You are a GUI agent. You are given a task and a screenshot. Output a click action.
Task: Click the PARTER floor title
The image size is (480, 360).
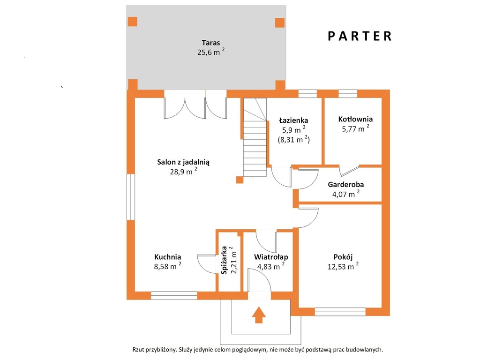click(x=360, y=36)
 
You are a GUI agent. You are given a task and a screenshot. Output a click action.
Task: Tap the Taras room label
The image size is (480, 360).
click(x=210, y=43)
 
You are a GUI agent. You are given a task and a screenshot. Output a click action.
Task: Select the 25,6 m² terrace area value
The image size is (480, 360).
click(x=210, y=52)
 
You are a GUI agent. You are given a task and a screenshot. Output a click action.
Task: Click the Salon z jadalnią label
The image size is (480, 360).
click(x=183, y=162)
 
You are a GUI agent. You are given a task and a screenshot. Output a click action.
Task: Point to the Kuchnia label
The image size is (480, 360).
click(x=167, y=257)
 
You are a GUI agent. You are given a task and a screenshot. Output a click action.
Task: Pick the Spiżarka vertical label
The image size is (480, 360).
click(x=224, y=260)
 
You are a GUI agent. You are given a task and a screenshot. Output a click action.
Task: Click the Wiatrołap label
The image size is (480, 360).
click(x=271, y=257)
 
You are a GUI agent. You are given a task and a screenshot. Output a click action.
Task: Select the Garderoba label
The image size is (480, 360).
click(x=345, y=185)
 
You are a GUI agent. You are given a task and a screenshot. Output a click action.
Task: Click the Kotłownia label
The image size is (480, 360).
click(x=355, y=119)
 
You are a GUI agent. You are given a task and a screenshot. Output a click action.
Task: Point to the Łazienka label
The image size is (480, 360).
click(x=293, y=120)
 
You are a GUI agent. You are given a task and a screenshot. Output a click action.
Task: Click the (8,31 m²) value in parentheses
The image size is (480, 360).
click(x=293, y=140)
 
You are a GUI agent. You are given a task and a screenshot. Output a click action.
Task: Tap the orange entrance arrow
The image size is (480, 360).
click(x=259, y=315)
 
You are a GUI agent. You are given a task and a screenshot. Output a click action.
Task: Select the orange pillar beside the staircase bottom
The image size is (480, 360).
click(x=240, y=180)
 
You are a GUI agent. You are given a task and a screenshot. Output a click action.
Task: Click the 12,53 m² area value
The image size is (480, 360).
click(x=343, y=266)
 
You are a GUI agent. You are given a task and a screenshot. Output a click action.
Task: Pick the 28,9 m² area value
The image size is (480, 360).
click(x=183, y=172)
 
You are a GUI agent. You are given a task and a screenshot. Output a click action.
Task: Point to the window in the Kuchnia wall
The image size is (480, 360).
click(x=174, y=295)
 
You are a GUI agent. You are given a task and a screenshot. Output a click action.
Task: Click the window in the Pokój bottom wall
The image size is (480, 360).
click(x=340, y=312)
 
